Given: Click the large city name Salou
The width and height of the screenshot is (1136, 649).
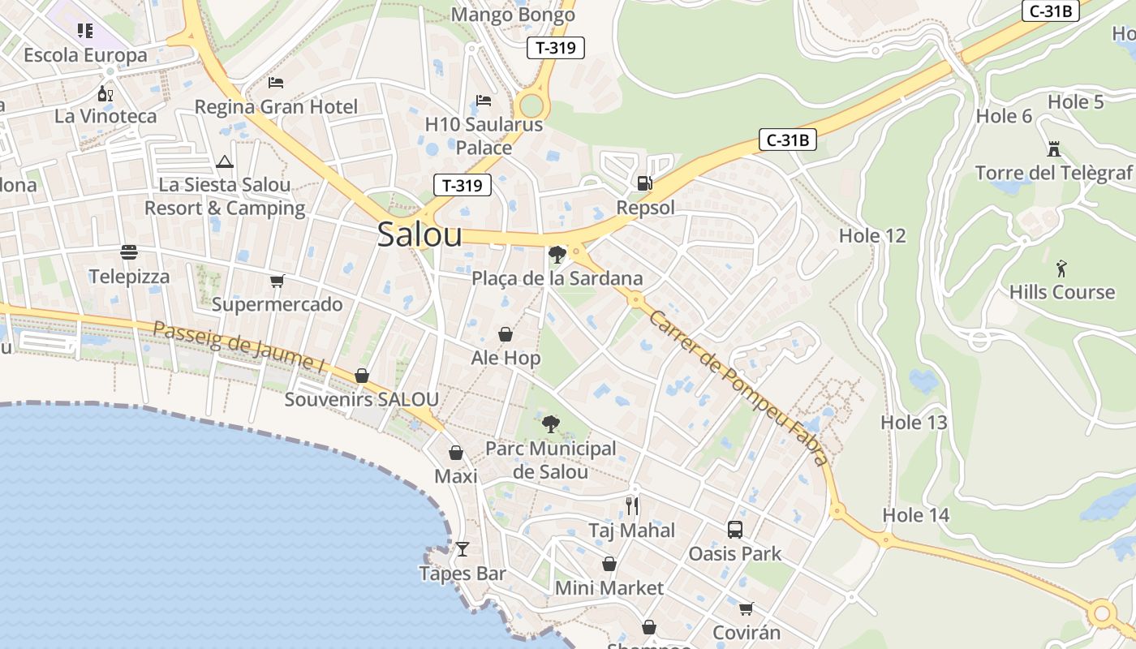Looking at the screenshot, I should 420,235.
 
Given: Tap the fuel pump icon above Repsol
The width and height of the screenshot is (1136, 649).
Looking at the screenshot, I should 645,183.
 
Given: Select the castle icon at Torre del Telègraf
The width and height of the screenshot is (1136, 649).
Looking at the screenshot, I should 1053,149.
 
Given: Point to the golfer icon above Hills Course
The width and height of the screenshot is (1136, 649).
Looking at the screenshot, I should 1061,269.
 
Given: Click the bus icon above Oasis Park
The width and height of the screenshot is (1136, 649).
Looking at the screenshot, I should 734,530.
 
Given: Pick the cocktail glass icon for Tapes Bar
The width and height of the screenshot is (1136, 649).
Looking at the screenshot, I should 463,549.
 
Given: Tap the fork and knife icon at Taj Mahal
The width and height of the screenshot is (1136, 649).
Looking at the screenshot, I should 632,506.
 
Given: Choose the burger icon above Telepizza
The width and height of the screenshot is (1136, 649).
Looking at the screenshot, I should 129,252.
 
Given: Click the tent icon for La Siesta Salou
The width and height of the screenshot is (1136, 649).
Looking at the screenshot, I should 225,161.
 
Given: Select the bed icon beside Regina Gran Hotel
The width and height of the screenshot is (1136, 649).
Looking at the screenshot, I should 276,83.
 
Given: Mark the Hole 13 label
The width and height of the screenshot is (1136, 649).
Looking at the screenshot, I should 914,423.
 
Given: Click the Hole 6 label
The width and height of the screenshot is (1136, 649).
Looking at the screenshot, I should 1004,116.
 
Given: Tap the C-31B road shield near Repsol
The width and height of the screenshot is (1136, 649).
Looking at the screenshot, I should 787,140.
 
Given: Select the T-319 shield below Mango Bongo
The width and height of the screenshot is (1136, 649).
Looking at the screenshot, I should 556,48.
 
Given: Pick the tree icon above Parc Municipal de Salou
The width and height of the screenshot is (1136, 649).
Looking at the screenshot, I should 551,423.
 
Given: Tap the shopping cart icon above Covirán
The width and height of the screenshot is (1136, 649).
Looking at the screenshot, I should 746,608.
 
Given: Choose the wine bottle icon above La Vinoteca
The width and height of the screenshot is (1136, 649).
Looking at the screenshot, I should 105,93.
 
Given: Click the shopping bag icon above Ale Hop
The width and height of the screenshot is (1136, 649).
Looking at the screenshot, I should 506,334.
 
